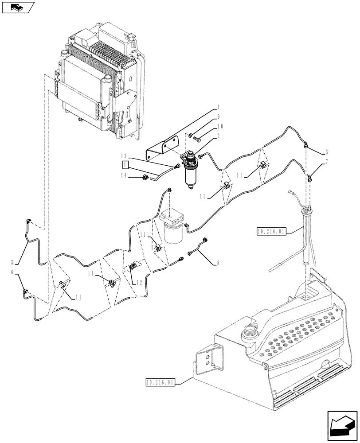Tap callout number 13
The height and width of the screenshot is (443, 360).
(126, 155)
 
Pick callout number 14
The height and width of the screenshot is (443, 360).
(126, 175)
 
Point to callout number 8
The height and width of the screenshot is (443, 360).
(217, 262)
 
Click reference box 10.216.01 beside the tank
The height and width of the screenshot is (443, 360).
(160, 381)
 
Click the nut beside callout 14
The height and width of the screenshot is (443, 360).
(144, 178)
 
